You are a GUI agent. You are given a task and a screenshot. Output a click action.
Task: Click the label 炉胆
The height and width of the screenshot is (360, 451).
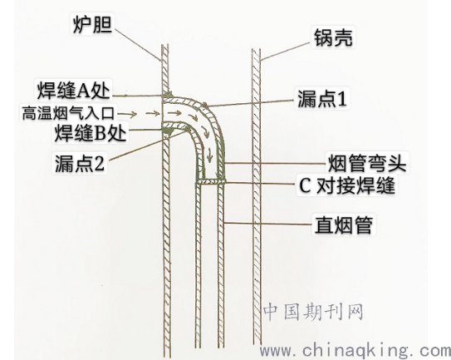point(92,24)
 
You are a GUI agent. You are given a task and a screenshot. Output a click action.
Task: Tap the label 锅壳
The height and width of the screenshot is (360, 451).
point(333,37)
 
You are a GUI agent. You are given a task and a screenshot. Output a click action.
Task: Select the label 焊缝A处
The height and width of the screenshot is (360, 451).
point(74,90)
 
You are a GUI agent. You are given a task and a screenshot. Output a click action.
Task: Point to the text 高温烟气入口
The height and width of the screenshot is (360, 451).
point(68,113)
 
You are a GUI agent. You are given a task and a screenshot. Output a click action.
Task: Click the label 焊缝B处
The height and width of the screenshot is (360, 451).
point(91,133)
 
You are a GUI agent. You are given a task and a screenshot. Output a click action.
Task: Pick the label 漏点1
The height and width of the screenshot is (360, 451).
point(322,98)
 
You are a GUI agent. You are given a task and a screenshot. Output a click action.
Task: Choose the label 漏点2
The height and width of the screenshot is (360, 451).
point(80,163)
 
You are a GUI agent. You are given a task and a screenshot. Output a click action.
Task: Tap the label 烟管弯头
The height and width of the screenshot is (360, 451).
point(367,163)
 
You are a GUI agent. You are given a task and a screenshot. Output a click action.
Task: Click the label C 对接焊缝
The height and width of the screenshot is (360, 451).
point(347,185)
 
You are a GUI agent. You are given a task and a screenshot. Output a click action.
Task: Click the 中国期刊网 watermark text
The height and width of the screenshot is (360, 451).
point(313,312)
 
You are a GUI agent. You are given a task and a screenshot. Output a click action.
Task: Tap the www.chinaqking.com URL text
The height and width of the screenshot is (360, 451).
point(355,351)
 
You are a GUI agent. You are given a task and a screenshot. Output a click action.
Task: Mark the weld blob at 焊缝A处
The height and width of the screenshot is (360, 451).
point(169,94)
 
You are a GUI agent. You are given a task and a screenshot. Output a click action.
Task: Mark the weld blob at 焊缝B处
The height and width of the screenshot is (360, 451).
point(168,131)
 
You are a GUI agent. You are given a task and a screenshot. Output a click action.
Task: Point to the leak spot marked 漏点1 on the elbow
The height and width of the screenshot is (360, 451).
point(205,105)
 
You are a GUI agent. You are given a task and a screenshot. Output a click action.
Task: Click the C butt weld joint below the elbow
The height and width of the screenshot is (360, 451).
point(210,181)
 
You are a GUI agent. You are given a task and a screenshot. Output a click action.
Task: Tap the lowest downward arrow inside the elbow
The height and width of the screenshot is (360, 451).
point(210,155)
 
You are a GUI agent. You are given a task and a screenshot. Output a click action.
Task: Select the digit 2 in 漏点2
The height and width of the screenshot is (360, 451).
point(99,164)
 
